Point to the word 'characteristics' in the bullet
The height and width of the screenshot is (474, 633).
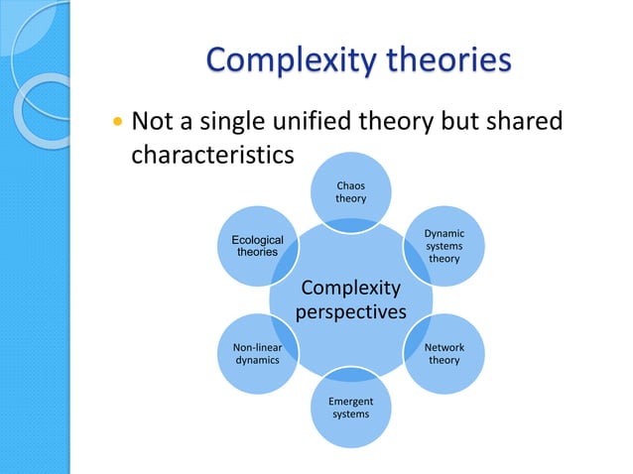212,157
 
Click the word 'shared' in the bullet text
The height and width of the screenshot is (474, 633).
525,123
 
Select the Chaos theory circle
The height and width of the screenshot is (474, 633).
350,192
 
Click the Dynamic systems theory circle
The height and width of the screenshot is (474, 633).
443,246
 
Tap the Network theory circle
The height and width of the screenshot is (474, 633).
443,354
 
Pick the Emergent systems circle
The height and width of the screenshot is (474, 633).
350,408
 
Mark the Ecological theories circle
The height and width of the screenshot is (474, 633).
257,246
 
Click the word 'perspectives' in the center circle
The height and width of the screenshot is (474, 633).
350,312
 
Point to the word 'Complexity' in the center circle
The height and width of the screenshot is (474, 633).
350,289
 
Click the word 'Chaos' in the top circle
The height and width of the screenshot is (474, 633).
350,185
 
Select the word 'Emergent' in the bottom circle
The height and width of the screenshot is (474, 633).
350,402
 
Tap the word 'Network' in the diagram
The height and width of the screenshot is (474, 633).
443,348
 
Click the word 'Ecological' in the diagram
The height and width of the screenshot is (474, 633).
257,240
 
